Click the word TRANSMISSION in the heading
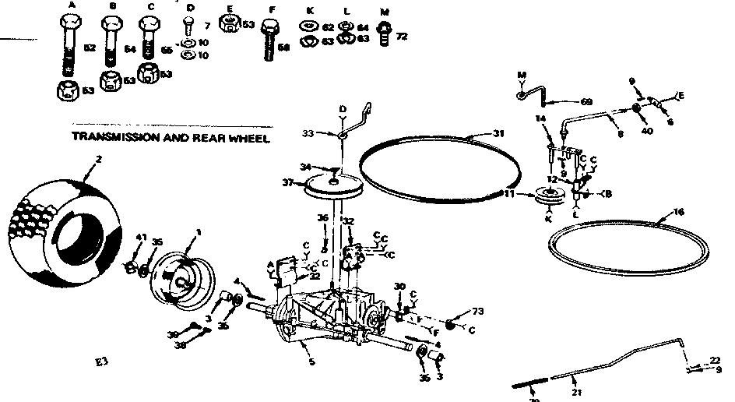point(109,138)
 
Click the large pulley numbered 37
point(336,186)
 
